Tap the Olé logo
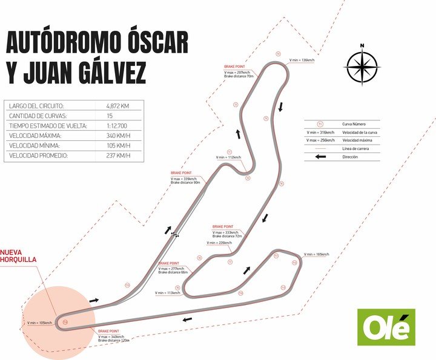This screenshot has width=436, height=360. (386, 327)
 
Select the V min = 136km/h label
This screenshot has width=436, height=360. (302, 60)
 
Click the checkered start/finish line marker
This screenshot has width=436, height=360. (175, 233)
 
